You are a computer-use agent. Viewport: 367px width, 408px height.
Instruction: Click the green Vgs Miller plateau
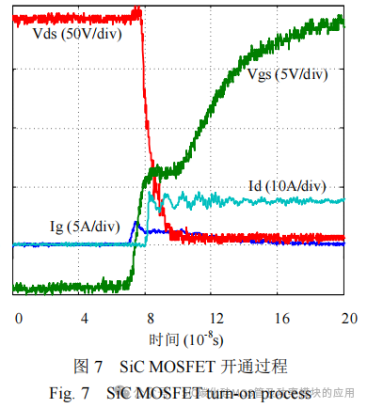tap(165, 172)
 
